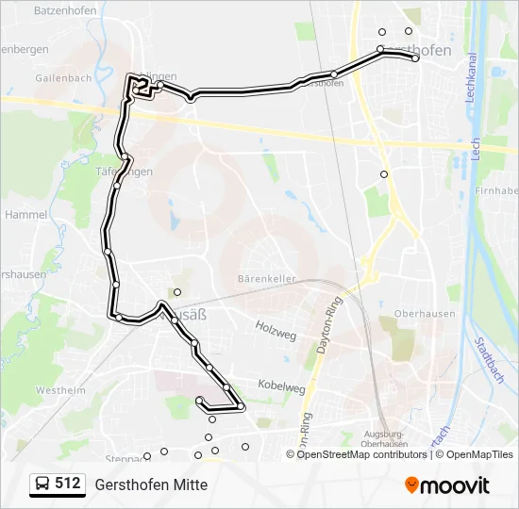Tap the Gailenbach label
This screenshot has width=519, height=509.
[x=60, y=78]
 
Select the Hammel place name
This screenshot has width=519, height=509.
[x=25, y=215]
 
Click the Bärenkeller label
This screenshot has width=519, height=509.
[x=267, y=279]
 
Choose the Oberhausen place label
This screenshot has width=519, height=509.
[x=425, y=314]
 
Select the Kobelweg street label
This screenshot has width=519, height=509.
[x=281, y=386]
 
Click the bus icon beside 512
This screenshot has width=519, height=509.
[x=42, y=484]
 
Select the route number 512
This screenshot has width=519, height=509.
[x=67, y=484]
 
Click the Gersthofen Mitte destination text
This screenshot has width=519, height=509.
[x=150, y=484]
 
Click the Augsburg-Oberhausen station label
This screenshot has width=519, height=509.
[x=385, y=439]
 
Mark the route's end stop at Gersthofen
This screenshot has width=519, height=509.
[x=415, y=58]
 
